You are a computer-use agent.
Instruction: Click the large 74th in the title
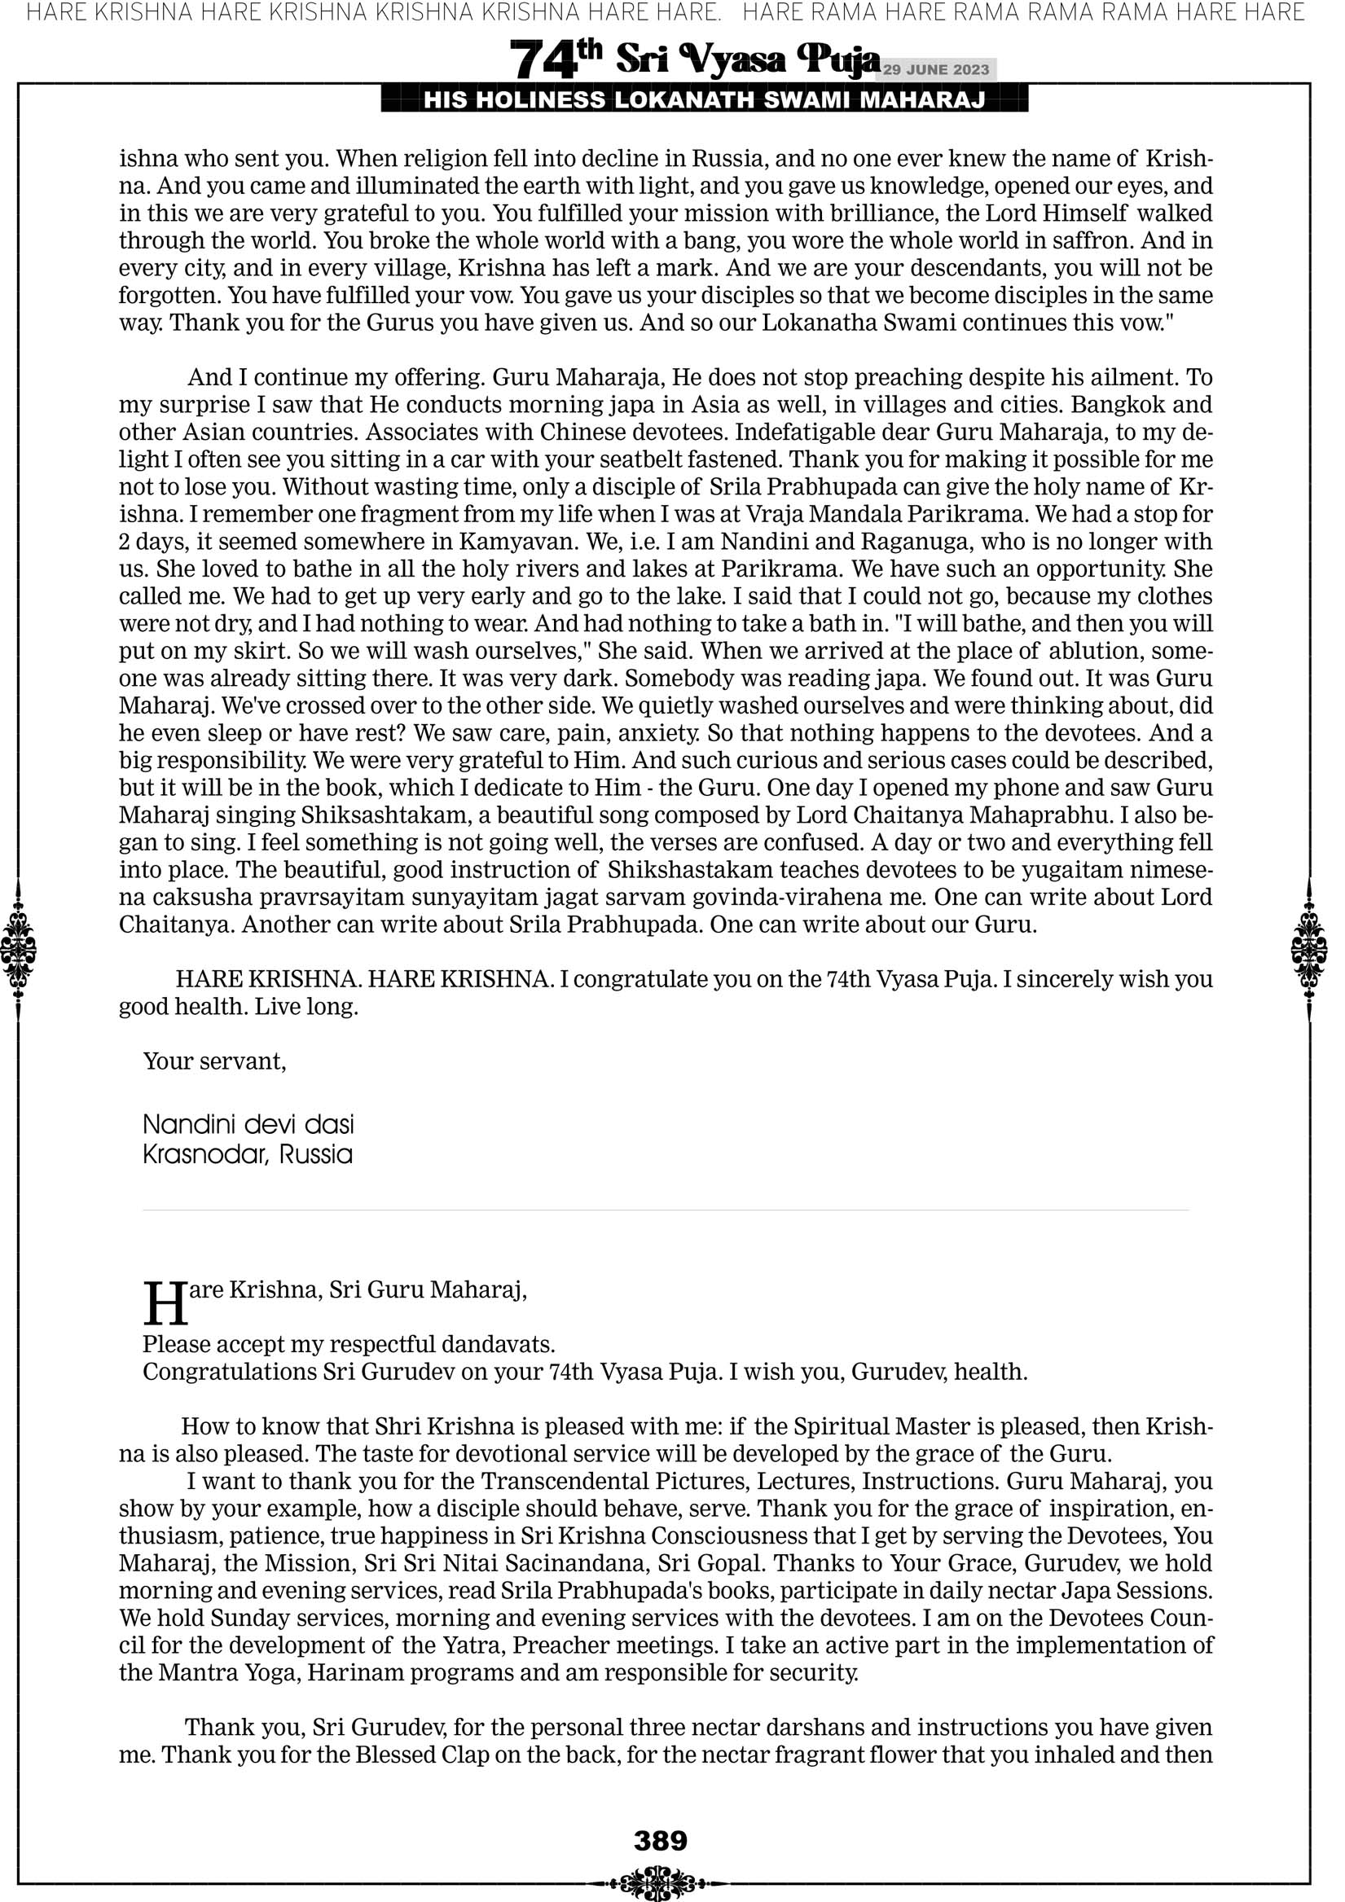click(556, 59)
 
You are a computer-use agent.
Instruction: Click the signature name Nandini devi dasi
click(248, 1124)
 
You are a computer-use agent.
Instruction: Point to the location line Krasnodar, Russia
click(248, 1154)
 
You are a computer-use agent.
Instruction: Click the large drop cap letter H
click(165, 1305)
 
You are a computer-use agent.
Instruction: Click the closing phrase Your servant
click(214, 1061)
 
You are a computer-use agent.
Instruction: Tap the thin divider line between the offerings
click(666, 1210)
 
